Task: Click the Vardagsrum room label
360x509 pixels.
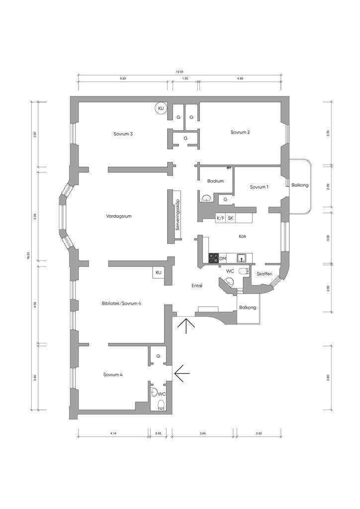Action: click(x=119, y=216)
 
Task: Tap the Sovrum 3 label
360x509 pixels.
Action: click(x=123, y=134)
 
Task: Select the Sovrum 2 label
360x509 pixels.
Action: click(x=240, y=132)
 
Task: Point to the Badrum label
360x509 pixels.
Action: click(x=215, y=181)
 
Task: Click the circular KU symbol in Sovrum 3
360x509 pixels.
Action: click(x=161, y=108)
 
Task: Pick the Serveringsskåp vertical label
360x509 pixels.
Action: click(x=177, y=214)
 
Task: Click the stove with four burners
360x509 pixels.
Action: click(x=213, y=258)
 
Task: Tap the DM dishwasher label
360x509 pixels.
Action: click(x=222, y=258)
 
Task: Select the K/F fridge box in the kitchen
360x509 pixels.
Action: click(x=220, y=218)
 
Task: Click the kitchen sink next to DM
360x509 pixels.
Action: click(x=242, y=258)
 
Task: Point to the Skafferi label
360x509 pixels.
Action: click(x=264, y=274)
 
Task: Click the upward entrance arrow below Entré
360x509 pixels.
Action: click(x=186, y=326)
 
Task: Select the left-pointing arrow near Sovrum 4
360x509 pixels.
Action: click(x=182, y=373)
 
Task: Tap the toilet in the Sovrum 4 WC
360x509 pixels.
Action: click(x=161, y=405)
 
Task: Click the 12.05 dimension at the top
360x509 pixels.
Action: click(x=180, y=72)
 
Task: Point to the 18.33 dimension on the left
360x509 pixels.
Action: click(x=28, y=256)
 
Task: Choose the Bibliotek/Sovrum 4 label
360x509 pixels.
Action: click(x=121, y=303)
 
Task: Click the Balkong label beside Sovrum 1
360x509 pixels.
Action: click(x=300, y=185)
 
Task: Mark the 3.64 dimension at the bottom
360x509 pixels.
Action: click(x=202, y=433)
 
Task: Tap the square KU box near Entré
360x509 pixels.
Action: click(x=159, y=272)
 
